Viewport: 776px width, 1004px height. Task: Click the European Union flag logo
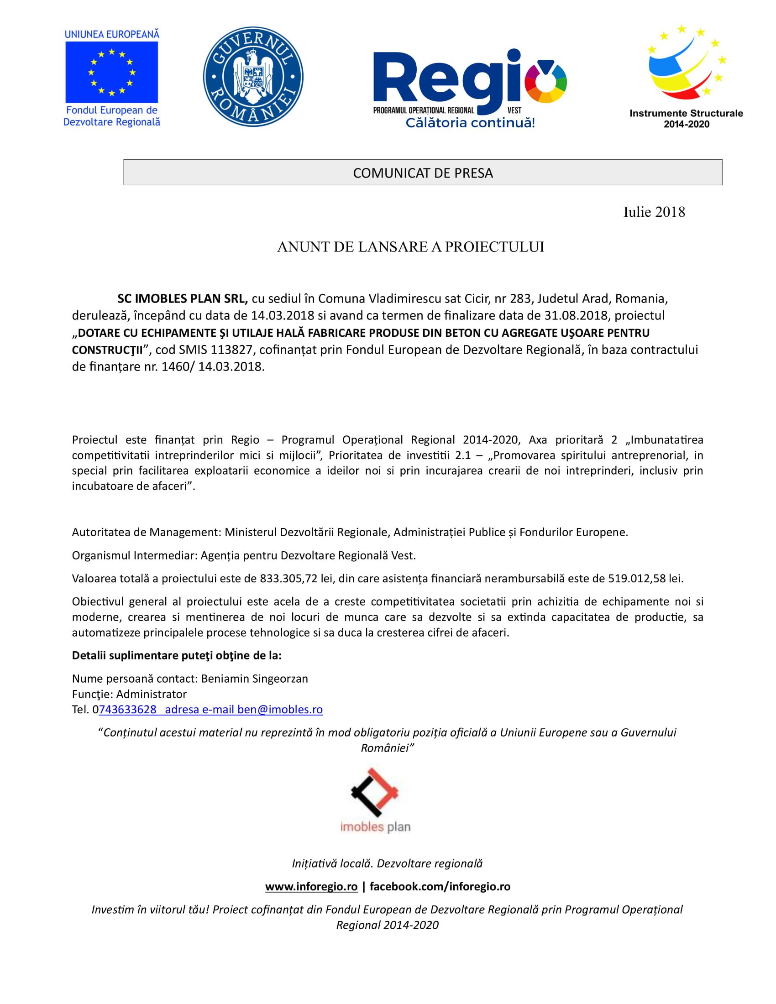(111, 72)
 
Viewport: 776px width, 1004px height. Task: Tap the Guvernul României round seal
(253, 76)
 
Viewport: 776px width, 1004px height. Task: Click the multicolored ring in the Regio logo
(545, 81)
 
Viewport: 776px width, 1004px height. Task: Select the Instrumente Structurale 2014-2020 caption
(686, 118)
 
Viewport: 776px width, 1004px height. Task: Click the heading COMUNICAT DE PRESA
(423, 173)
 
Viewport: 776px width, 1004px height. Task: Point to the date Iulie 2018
(654, 212)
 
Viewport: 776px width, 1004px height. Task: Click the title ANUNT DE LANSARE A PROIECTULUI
(410, 247)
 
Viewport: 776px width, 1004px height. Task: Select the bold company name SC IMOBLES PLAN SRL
(183, 299)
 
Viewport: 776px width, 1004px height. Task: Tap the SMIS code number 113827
(232, 350)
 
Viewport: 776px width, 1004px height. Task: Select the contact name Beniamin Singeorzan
(255, 679)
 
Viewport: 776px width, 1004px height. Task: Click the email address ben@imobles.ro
(280, 709)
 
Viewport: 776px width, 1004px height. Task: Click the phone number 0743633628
(125, 709)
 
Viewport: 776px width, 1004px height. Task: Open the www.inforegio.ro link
(311, 886)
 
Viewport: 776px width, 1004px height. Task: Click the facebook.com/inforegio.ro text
(440, 886)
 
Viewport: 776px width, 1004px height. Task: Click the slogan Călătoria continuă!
(470, 123)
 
